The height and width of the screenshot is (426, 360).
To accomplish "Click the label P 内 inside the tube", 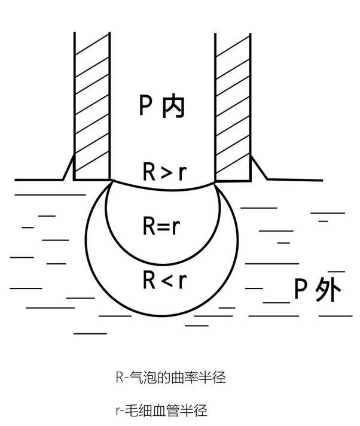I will pyautogui.click(x=162, y=106).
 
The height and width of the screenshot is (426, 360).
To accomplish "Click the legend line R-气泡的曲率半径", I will pyautogui.click(x=170, y=378).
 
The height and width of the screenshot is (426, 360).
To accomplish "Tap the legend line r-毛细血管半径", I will pyautogui.click(x=160, y=411).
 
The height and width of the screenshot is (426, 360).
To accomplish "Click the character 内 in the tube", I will pyautogui.click(x=173, y=106).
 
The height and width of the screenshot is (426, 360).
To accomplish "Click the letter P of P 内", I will pyautogui.click(x=147, y=106).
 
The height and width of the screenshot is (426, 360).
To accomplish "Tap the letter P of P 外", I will pyautogui.click(x=301, y=291).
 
